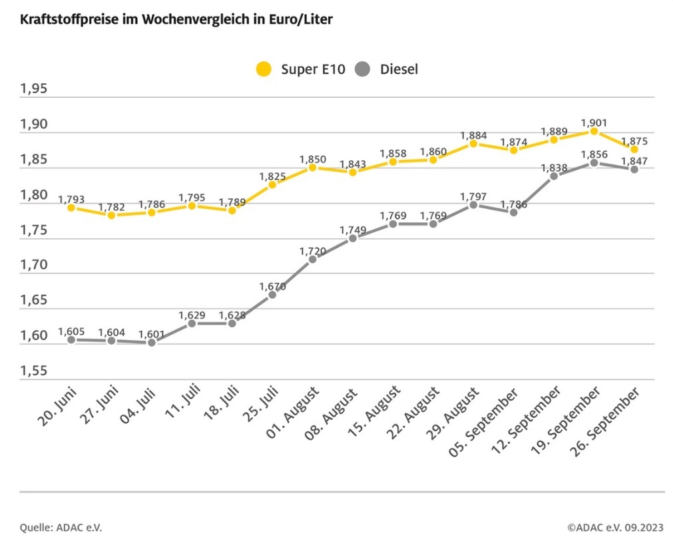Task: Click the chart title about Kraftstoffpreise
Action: [x=176, y=19]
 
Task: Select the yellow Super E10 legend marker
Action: [x=264, y=69]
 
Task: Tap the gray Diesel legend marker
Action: [x=363, y=69]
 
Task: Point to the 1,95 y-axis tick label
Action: [x=34, y=90]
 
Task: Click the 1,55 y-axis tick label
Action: [x=34, y=371]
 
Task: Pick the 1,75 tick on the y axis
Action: [x=34, y=231]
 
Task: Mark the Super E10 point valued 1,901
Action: [x=594, y=131]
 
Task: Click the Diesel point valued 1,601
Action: [x=152, y=343]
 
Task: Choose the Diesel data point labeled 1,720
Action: [x=312, y=259]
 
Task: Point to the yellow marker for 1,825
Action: [x=272, y=184]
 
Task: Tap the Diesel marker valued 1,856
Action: [x=594, y=163]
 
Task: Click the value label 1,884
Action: [x=473, y=135]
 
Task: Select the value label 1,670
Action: [x=272, y=286]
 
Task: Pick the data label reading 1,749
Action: [x=353, y=230]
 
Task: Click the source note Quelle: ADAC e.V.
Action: [x=61, y=528]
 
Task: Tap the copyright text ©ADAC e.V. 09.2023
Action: [x=615, y=528]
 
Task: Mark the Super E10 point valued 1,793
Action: [x=71, y=208]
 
